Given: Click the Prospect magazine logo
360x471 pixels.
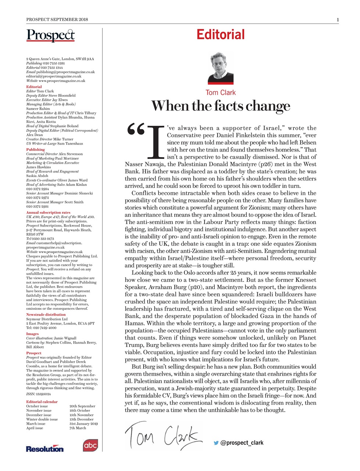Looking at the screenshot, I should (50, 35).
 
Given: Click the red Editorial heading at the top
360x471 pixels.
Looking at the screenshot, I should (220, 35).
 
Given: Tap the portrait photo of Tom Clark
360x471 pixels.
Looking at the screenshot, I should (221, 68).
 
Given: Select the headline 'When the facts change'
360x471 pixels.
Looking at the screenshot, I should (221, 106).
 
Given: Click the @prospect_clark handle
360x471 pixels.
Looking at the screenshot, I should (242, 443).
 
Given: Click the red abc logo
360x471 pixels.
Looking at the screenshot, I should (90, 446).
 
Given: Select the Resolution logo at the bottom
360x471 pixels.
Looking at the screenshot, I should (44, 449).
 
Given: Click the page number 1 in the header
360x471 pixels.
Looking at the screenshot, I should (338, 20).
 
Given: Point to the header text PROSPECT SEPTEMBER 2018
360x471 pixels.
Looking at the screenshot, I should (57, 20).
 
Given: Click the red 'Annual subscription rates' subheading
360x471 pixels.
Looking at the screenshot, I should (48, 212).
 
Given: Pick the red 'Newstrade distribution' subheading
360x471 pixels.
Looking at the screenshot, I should (46, 315).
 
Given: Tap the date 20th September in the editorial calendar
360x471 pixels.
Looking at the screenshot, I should (82, 406).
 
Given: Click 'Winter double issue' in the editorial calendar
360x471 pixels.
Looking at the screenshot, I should (42, 419).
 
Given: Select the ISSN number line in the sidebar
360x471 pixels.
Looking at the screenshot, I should (38, 394).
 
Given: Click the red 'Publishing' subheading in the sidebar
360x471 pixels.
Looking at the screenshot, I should (35, 149).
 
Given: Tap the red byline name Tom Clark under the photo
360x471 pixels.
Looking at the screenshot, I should (221, 93).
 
